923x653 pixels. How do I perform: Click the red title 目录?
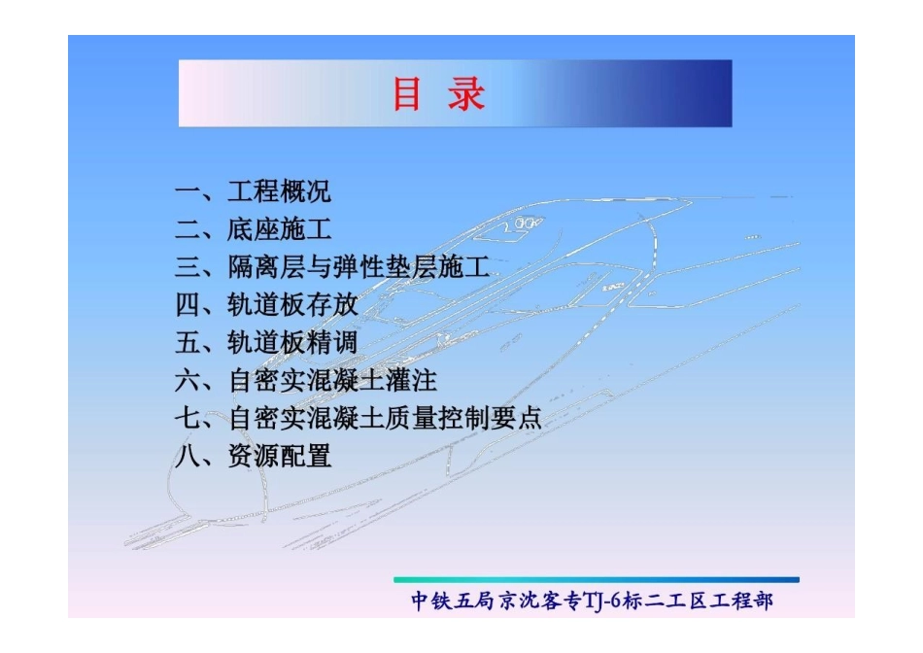click(438, 95)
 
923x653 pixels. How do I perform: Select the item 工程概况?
click(279, 191)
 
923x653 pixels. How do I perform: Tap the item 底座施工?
click(279, 229)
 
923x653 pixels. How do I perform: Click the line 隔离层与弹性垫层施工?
click(358, 267)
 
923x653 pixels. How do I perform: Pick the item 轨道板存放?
click(292, 305)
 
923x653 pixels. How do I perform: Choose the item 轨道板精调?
click(292, 342)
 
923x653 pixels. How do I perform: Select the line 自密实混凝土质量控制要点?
click(385, 418)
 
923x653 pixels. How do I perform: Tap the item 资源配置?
click(279, 456)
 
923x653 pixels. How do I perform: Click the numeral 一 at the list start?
click(188, 191)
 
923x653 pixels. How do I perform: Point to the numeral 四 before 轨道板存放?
click(188, 305)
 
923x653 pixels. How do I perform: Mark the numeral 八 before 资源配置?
click(188, 456)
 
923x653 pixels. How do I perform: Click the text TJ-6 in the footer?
click(609, 601)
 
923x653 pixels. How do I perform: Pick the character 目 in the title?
click(408, 95)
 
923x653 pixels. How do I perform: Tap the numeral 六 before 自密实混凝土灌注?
click(188, 380)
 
